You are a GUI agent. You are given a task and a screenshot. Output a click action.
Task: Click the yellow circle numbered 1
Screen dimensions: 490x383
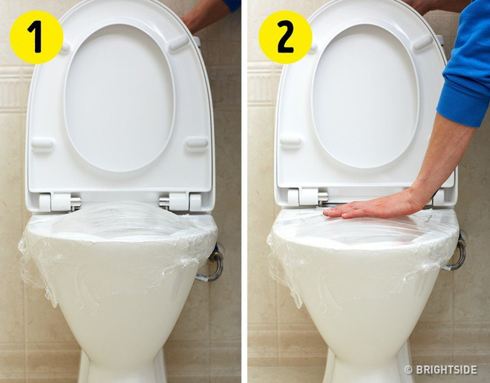(x=36, y=37)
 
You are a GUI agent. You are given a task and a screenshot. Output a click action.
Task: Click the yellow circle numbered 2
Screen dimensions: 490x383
(x=285, y=37)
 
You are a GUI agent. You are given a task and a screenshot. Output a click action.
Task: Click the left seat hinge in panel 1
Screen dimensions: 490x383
(x=59, y=201)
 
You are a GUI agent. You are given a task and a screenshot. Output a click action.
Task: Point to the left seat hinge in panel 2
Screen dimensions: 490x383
(x=307, y=197)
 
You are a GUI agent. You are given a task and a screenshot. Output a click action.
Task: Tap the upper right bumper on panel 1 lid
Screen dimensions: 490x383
(x=179, y=44)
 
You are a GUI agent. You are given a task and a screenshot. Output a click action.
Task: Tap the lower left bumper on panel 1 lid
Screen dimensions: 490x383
(x=42, y=144)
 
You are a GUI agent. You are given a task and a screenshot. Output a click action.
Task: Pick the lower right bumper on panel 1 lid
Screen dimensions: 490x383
(x=197, y=143)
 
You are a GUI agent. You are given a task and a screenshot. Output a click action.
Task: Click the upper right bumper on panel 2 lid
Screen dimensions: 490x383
(x=423, y=43)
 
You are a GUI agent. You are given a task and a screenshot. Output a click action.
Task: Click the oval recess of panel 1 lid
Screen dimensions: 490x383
(x=119, y=98)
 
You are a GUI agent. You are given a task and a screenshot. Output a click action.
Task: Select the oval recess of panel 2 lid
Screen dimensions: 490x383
(x=365, y=96)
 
